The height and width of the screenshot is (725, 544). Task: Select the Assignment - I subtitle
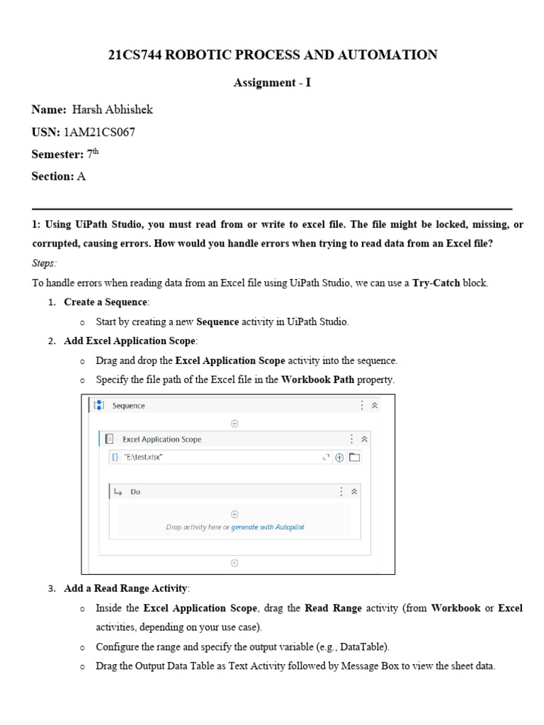(x=272, y=83)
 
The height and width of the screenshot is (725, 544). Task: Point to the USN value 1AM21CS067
(x=99, y=132)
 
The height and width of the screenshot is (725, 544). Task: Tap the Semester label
(x=57, y=154)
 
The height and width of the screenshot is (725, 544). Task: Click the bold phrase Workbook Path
(x=317, y=379)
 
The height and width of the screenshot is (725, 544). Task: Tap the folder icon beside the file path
(x=355, y=457)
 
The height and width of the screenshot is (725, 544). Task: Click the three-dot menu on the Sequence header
(x=362, y=406)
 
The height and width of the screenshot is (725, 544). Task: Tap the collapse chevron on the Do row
(x=354, y=491)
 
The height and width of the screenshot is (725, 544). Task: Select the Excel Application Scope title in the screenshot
(x=161, y=439)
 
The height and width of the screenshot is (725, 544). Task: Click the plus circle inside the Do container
(x=234, y=514)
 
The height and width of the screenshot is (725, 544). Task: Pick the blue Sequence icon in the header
(x=99, y=406)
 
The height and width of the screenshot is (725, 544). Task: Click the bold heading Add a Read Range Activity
(x=127, y=588)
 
